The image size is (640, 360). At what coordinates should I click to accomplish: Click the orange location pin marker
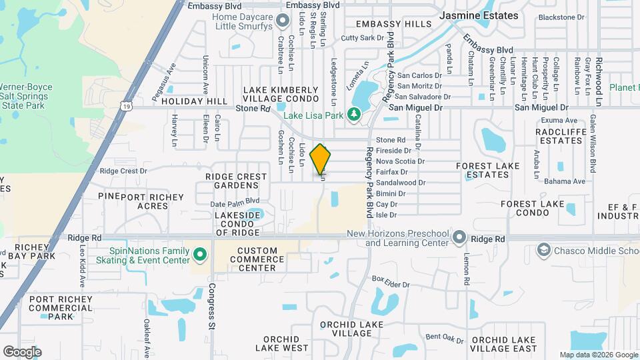point(321,159)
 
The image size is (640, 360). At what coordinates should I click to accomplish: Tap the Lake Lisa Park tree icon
point(353,115)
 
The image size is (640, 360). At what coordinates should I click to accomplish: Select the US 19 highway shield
point(126,105)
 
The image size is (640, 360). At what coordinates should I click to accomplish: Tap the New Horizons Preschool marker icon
point(459,237)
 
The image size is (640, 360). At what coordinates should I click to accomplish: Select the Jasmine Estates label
point(478,15)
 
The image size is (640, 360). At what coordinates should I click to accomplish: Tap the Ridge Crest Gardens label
point(236,181)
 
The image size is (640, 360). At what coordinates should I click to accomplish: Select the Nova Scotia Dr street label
point(400,161)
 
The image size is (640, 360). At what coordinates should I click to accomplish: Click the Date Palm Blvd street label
point(235,201)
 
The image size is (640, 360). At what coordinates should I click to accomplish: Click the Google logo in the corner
point(22,351)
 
